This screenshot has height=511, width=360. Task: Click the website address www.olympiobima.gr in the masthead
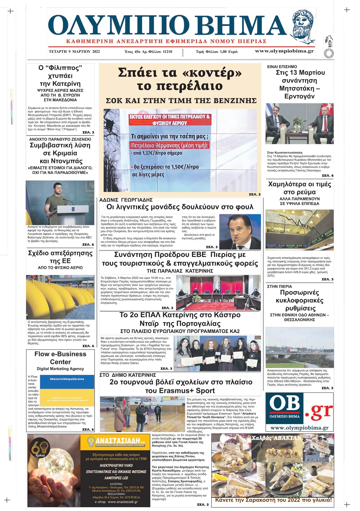click(x=284, y=51)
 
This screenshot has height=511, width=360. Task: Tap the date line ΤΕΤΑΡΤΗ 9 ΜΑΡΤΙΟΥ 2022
click(x=74, y=51)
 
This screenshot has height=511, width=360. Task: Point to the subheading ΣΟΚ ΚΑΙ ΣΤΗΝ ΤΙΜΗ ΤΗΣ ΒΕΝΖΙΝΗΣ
click(x=181, y=100)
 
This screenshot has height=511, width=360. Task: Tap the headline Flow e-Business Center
click(x=60, y=358)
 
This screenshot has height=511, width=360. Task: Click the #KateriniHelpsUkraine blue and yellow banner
click(x=67, y=390)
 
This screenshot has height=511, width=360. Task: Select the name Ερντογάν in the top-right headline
click(x=299, y=96)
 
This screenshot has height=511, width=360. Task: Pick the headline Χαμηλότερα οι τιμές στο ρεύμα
click(x=299, y=188)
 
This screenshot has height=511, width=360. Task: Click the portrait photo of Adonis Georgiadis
click(x=240, y=232)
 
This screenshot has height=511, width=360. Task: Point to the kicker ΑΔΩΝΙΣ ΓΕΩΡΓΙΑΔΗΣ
click(x=126, y=200)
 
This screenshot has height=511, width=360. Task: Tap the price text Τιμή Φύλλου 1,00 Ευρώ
click(x=217, y=51)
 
